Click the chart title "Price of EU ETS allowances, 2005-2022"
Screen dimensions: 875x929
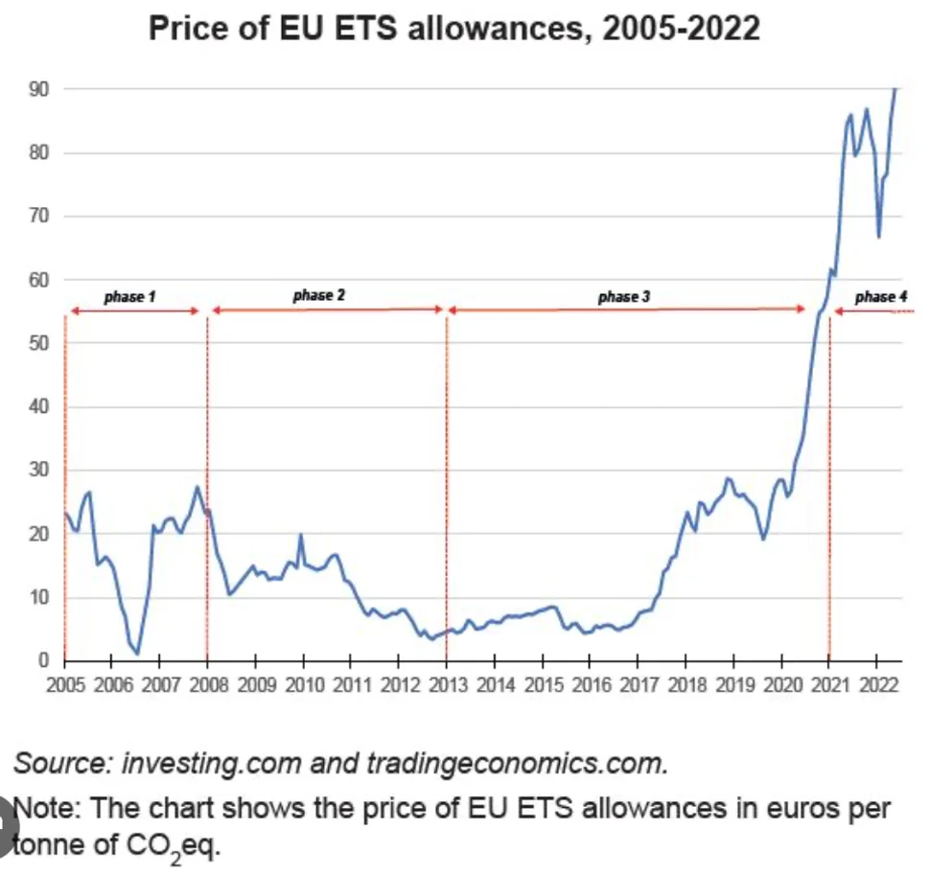coord(454,28)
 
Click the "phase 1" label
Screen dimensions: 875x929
coord(130,297)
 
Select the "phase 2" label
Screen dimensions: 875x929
coord(319,295)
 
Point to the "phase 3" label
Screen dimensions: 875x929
coord(623,297)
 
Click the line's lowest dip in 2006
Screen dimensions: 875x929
coord(137,654)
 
